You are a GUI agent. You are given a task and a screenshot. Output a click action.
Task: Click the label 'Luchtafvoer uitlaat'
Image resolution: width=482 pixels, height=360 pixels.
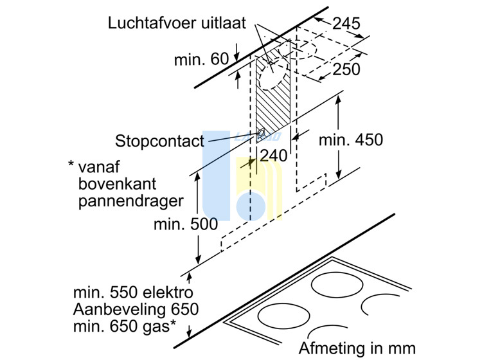click(x=177, y=23)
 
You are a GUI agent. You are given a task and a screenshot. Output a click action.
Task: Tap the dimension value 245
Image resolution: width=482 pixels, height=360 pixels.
click(x=346, y=23)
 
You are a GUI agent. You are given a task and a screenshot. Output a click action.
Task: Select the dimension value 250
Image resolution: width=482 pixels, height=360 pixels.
click(x=346, y=69)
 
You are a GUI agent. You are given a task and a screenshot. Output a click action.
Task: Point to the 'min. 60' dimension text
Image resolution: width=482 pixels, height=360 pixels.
click(x=201, y=59)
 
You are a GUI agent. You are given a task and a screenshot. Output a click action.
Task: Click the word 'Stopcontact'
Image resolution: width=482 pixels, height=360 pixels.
click(x=159, y=141)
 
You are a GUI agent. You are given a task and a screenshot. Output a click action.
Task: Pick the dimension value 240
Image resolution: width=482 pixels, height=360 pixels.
click(x=274, y=156)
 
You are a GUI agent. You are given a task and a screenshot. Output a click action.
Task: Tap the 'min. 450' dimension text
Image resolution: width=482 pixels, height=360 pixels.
click(x=351, y=140)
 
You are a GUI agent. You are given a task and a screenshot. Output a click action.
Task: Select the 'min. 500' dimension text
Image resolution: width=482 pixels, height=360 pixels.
click(x=186, y=224)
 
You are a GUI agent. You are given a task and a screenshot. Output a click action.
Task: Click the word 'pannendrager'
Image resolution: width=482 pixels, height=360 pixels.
click(x=131, y=201)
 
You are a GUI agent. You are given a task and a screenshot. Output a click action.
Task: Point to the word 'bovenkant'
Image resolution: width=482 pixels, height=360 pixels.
click(x=117, y=184)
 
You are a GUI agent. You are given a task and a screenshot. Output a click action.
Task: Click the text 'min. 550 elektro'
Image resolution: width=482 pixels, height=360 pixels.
click(x=133, y=292)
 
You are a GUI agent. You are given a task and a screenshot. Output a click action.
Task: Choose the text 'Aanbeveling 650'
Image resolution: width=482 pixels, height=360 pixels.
click(x=136, y=309)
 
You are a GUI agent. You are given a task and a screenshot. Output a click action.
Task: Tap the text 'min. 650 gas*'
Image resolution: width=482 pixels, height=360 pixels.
click(x=125, y=326)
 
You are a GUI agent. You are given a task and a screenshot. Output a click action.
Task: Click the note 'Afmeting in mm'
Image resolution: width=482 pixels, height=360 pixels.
click(x=357, y=348)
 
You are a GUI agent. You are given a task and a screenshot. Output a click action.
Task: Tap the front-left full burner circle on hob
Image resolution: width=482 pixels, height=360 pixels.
click(x=283, y=316)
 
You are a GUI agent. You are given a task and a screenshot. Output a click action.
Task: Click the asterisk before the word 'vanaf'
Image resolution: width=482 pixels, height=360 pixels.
click(x=71, y=163)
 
